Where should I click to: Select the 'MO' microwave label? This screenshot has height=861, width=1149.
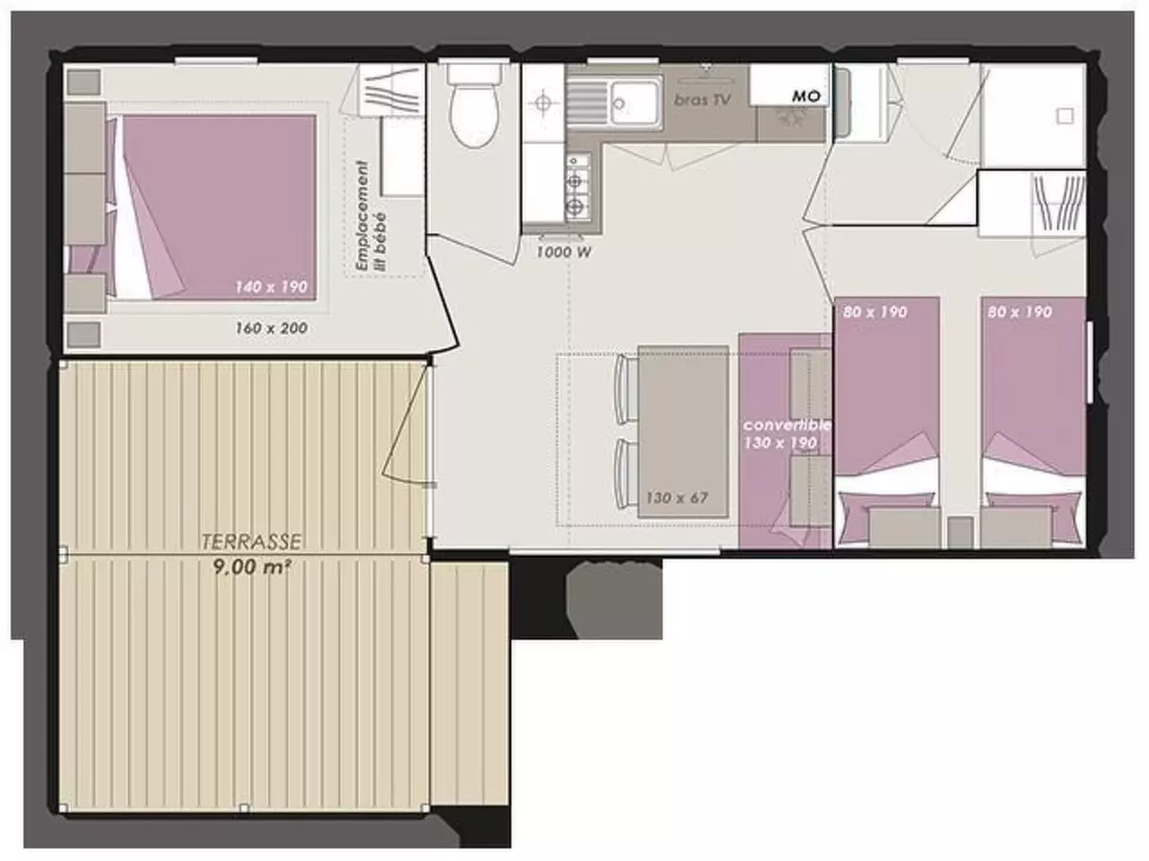coord(804,97)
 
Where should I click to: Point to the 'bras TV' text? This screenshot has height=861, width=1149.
coord(704,99)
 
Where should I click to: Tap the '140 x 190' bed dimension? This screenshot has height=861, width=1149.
coord(273,286)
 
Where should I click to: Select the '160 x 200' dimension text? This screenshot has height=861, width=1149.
coord(272,328)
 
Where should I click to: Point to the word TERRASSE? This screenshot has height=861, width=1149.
coord(252,542)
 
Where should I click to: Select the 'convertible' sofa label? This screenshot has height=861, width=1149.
coord(787,425)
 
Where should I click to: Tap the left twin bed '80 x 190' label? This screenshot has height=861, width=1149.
coord(875,311)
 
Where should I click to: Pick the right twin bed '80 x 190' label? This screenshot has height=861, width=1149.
coord(1020,311)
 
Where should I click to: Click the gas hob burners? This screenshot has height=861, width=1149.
coord(576,190)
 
